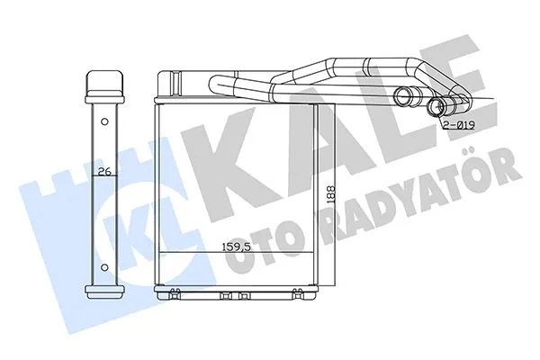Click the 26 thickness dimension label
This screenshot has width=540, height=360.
click(x=104, y=171)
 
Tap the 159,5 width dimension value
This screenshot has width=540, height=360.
click(x=236, y=247)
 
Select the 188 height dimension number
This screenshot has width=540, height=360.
click(x=330, y=195)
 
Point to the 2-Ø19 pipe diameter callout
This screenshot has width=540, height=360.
click(x=459, y=125)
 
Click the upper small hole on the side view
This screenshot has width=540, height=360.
click(x=104, y=121)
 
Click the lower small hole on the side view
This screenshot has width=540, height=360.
click(x=104, y=267)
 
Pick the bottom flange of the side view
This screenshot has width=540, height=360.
click(x=104, y=292)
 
